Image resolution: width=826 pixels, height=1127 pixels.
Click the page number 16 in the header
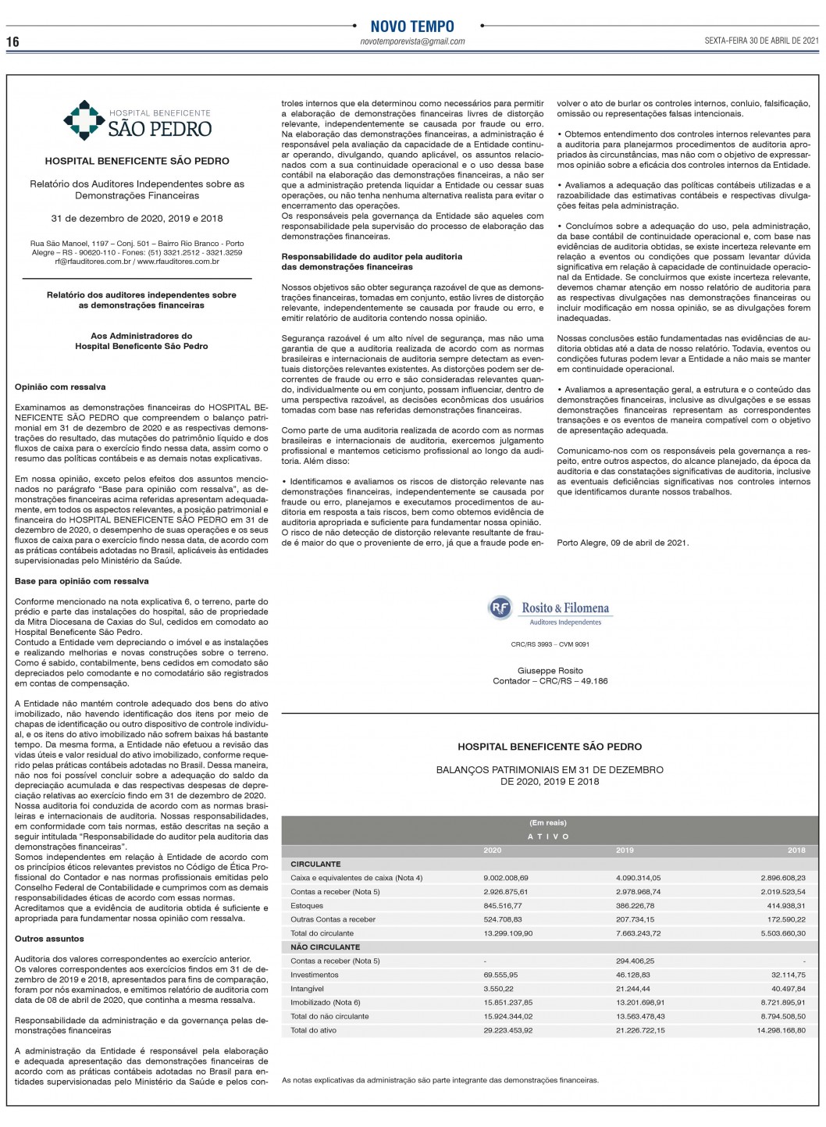[12, 41]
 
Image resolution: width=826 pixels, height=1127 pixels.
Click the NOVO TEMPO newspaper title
[411, 27]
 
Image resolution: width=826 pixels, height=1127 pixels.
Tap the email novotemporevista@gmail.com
[412, 41]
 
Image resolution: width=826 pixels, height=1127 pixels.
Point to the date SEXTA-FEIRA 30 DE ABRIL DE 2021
[760, 41]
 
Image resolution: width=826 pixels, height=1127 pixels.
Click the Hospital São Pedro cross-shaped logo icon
[79, 118]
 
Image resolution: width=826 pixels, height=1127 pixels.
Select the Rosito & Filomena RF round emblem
[499, 608]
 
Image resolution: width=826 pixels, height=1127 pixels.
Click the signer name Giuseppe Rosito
[550, 671]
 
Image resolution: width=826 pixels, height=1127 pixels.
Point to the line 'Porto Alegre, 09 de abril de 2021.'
[623, 543]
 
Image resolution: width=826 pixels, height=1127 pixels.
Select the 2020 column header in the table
[493, 850]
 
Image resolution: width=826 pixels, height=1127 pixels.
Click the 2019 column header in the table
[625, 850]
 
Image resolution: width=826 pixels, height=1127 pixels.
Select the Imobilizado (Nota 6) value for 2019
[639, 1002]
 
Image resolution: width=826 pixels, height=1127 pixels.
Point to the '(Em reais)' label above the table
[548, 822]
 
